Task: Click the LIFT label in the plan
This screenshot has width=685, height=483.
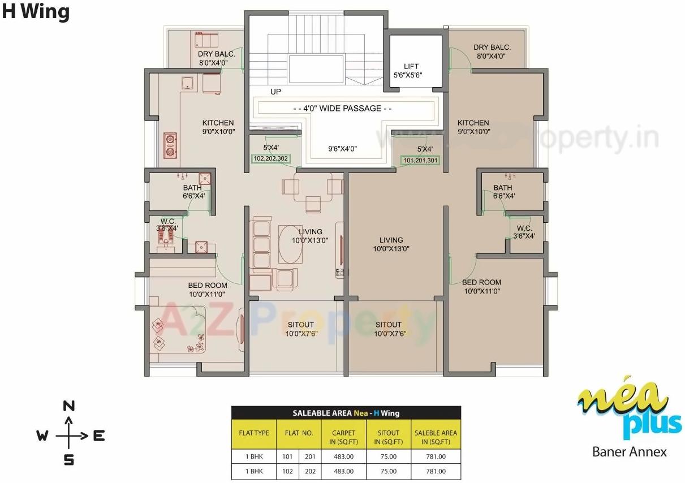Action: click(411, 67)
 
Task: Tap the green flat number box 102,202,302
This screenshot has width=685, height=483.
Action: click(271, 159)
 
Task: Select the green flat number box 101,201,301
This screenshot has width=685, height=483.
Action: click(420, 161)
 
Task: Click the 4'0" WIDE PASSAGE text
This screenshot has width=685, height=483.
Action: click(343, 109)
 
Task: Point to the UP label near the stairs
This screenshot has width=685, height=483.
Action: click(275, 91)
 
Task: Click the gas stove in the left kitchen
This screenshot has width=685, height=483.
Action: click(169, 144)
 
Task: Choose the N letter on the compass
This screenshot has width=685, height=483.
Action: click(68, 406)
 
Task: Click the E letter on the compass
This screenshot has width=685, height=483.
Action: click(98, 435)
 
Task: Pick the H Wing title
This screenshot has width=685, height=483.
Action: click(36, 12)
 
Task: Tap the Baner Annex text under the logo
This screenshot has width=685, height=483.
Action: click(629, 451)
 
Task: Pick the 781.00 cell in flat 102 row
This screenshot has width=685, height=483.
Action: click(436, 471)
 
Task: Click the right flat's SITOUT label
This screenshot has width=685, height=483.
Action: click(388, 325)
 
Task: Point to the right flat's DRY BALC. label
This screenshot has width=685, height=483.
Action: click(492, 48)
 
